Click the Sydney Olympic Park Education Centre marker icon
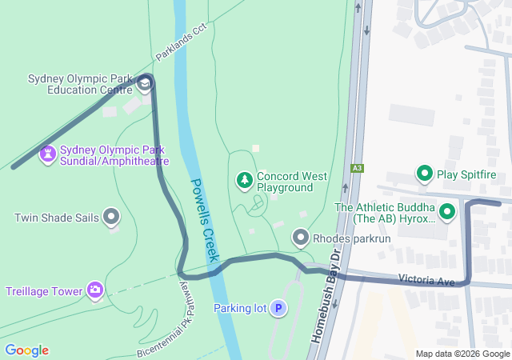[145, 84]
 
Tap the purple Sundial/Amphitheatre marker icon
[48, 152]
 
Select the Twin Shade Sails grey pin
[111, 216]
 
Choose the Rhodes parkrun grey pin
[300, 237]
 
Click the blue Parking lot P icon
[278, 308]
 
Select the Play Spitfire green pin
[423, 173]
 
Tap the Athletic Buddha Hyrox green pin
[446, 212]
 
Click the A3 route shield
[358, 168]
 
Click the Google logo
[26, 350]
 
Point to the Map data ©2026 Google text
[462, 354]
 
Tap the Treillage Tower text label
[44, 290]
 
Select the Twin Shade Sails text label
[55, 217]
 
